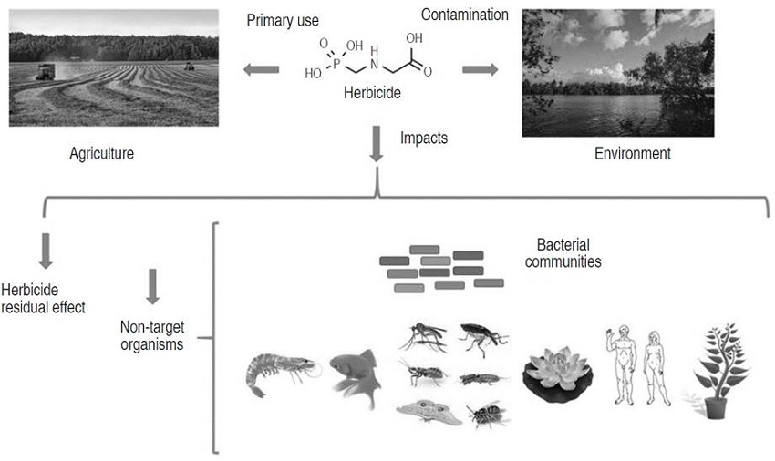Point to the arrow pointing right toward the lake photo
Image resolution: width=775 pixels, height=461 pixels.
480,69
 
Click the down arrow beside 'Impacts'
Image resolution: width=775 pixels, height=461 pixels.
377,145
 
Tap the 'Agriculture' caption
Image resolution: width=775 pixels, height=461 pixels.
101,153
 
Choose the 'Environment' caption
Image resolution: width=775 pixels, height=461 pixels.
632,153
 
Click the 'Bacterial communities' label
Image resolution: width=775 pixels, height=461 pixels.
569,253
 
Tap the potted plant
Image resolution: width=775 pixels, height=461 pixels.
720,370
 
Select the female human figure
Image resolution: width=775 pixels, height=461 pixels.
655,370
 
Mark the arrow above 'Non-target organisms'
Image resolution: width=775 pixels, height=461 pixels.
153,286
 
